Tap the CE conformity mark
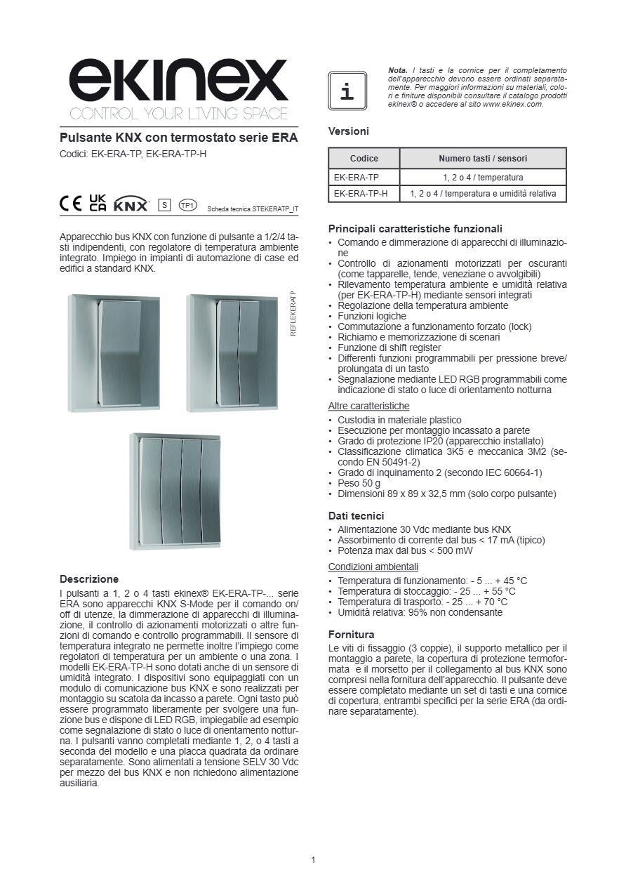71,203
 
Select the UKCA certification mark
98,203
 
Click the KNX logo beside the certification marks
131,204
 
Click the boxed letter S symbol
165,204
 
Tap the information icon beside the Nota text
347,91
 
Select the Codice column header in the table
364,159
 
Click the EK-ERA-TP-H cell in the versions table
361,194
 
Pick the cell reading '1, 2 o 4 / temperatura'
483,178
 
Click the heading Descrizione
89,579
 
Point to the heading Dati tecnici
357,515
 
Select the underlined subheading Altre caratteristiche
368,406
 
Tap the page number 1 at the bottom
313,860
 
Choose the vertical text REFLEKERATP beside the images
294,313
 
